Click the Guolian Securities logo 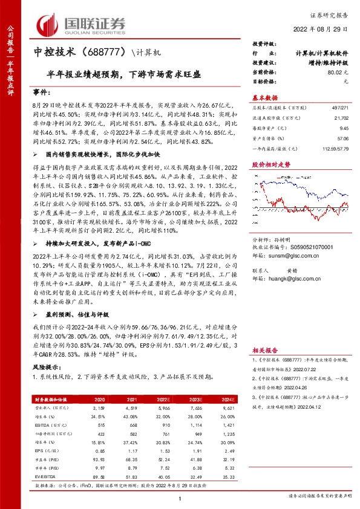point(81,24)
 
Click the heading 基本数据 point(264,97)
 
